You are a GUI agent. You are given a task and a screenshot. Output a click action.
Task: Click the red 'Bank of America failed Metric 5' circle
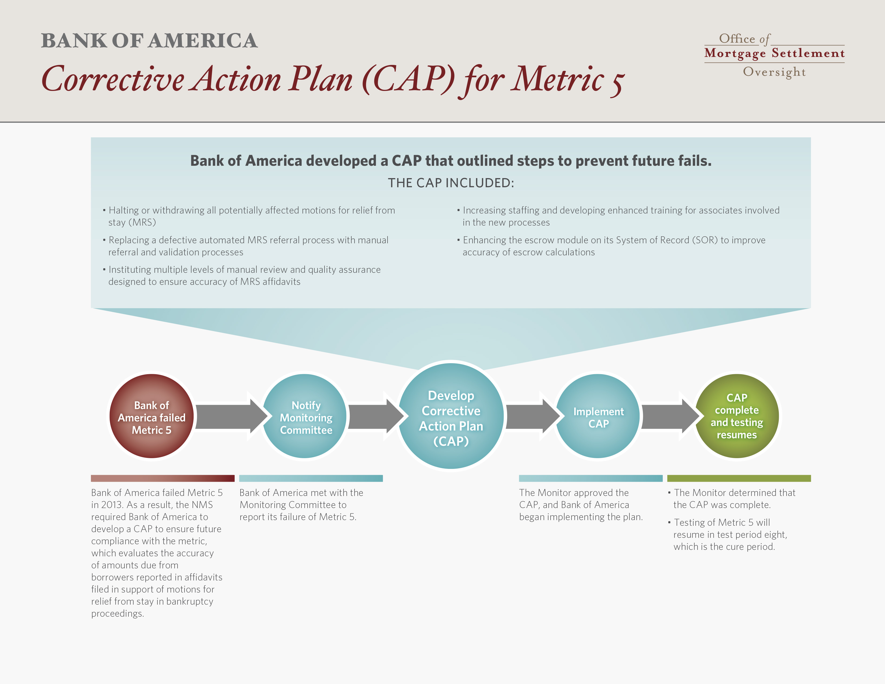[x=152, y=416]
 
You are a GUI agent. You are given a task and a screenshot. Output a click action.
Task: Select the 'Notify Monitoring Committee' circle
[x=305, y=416]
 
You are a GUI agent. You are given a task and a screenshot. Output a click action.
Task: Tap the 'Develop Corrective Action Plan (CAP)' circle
[x=451, y=416]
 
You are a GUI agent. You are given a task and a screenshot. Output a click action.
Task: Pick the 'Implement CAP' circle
[x=598, y=416]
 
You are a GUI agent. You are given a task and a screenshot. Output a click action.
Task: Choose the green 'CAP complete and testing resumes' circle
[x=737, y=416]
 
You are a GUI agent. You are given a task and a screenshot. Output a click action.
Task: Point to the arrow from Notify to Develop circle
[x=376, y=416]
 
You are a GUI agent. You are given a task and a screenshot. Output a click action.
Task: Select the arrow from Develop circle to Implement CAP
[x=533, y=416]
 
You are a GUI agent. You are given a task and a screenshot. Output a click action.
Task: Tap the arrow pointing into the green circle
[x=671, y=416]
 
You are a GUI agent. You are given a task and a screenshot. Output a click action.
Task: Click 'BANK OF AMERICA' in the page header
[x=149, y=41]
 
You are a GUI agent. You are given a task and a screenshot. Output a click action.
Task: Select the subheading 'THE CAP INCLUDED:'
[x=451, y=183]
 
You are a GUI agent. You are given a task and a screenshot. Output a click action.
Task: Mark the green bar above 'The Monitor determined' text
[x=739, y=478]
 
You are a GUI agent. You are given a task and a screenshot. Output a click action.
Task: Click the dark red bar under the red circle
[x=163, y=478]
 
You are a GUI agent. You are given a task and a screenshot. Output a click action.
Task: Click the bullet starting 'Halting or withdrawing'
[x=249, y=216]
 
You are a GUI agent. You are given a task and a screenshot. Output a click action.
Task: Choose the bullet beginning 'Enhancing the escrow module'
[x=611, y=246]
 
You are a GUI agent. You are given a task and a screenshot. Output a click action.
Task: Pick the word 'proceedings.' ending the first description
[x=117, y=613]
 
